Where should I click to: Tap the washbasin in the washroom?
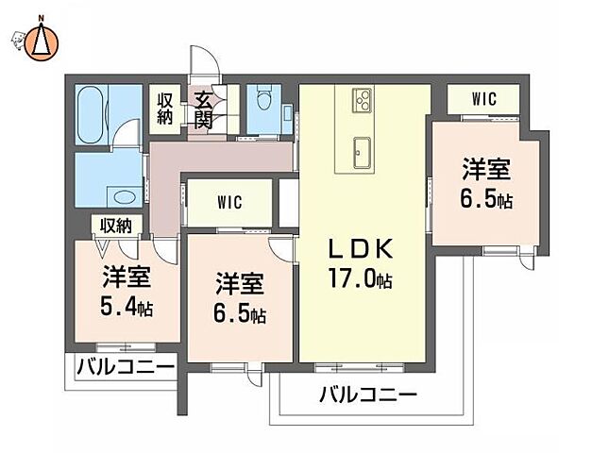[x=120, y=196]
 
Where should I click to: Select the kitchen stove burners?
[x=362, y=99]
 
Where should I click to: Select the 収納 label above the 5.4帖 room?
[x=117, y=225]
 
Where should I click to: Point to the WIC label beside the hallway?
[x=228, y=201]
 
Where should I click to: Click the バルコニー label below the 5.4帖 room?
[x=125, y=366]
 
